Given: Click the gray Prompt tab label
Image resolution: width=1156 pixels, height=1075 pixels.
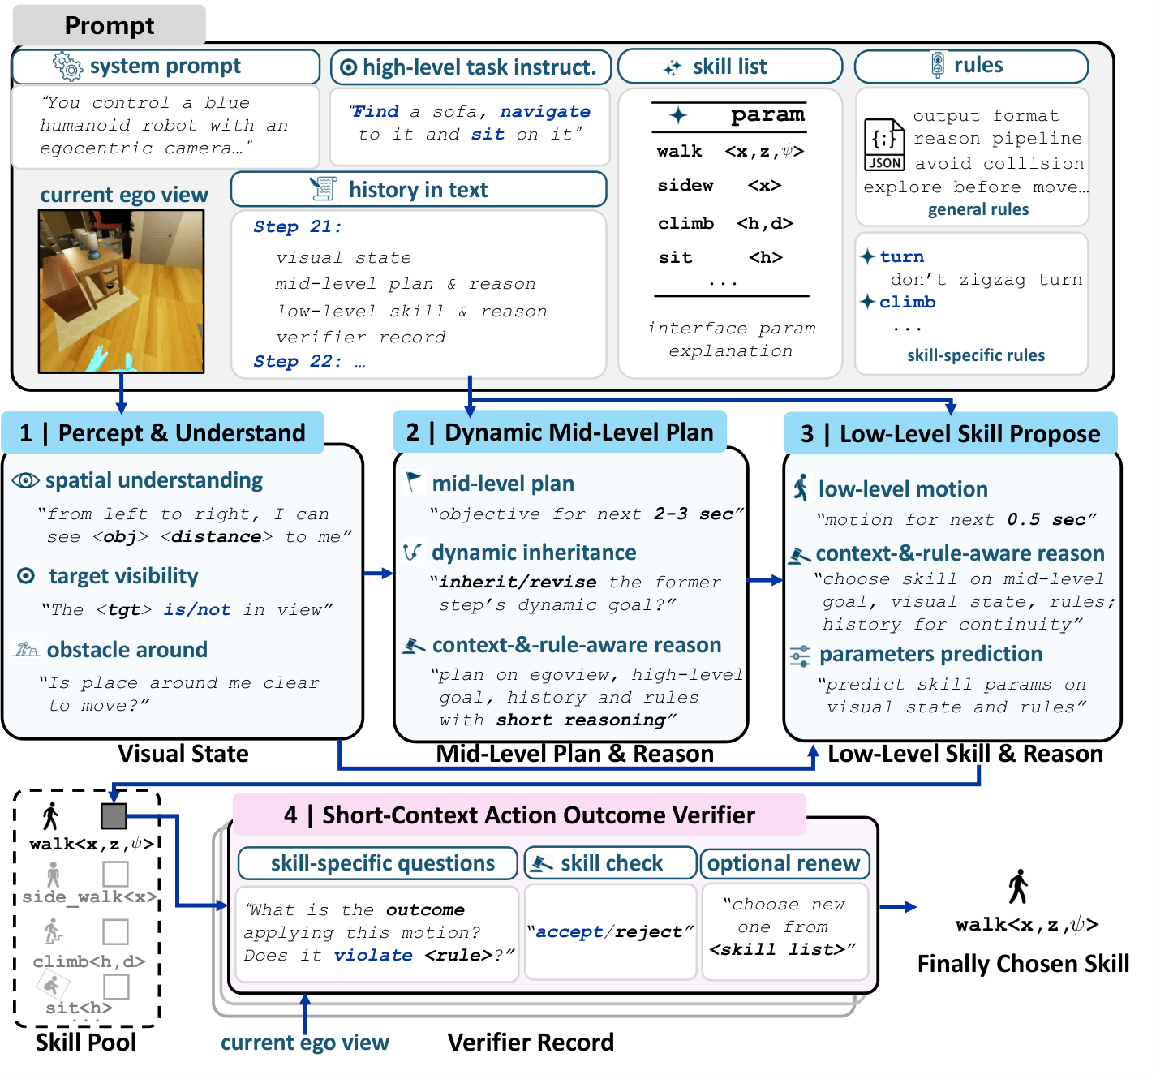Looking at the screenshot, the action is [110, 25].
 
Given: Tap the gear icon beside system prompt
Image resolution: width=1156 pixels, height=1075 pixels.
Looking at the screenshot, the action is [68, 65].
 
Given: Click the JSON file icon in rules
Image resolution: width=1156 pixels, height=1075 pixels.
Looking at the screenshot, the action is [884, 144].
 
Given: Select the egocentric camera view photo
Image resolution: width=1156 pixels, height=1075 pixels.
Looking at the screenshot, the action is [121, 291].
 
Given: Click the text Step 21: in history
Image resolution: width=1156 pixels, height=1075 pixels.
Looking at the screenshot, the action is [298, 226].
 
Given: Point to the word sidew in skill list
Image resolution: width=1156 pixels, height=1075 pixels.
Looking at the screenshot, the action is [685, 185].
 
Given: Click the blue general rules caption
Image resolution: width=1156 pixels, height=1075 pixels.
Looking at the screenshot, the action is [978, 209].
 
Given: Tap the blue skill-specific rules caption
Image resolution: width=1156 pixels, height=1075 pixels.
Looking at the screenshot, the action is [976, 355].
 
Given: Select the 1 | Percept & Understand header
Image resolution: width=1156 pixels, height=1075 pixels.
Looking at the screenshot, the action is [163, 432].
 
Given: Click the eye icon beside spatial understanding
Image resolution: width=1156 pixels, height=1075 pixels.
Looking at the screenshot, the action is [26, 480].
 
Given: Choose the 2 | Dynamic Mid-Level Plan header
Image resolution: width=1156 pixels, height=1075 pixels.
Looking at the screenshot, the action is [560, 432].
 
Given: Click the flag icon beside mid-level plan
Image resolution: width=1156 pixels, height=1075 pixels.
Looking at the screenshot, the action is [414, 482].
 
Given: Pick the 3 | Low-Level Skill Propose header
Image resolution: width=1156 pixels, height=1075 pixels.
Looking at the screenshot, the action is [950, 433].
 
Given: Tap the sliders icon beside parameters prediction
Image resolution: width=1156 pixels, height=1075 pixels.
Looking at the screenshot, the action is [800, 656].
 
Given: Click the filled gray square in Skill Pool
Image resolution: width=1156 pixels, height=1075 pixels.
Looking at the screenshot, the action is [114, 816].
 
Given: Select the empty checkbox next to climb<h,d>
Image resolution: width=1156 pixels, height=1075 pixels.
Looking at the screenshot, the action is [115, 931].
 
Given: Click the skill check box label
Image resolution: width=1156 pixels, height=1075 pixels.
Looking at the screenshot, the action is [610, 863].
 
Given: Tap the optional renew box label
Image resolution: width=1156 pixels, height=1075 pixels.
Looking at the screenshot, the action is [784, 863].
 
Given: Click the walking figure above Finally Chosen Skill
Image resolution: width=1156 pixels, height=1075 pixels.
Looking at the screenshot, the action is [1018, 887].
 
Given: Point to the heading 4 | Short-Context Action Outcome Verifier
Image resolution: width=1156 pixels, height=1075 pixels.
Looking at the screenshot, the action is [519, 815].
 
